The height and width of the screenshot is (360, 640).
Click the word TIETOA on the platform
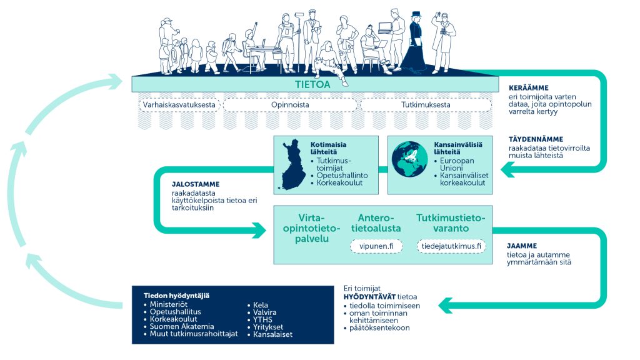point(312,84)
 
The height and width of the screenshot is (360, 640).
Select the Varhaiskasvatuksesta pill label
point(179,105)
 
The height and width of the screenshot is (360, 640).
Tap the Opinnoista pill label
point(290,105)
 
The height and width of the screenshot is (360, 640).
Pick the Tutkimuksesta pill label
point(426,105)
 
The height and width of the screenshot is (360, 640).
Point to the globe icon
point(409,159)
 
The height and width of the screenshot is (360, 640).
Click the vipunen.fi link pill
point(376,246)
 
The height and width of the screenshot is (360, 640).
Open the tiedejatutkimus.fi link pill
point(451,246)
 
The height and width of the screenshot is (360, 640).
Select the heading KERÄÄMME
point(529,87)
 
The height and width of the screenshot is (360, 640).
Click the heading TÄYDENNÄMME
point(536,139)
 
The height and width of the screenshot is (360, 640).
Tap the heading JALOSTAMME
point(196,184)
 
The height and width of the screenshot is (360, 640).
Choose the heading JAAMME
point(522,246)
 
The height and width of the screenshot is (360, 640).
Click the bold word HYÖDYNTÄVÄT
point(369,297)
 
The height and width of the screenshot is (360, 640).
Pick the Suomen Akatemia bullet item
point(179,326)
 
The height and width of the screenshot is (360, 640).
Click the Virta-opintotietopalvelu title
point(312,228)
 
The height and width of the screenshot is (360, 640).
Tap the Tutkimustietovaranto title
point(451,223)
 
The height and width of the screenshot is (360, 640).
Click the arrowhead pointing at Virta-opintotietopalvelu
point(259,230)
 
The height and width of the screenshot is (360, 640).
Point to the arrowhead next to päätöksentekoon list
point(446,305)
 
